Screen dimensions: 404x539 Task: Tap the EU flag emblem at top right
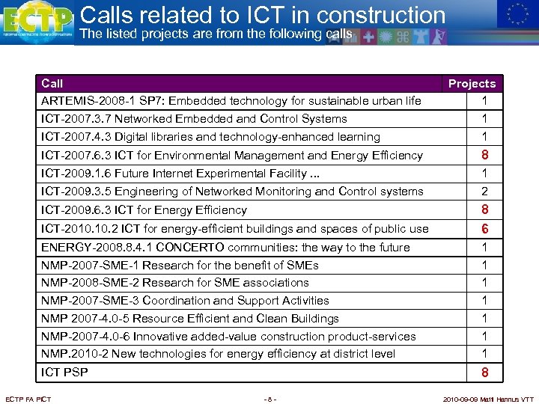click(x=517, y=14)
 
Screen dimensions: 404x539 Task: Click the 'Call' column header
click(x=52, y=84)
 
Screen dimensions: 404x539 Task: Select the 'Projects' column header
click(x=472, y=84)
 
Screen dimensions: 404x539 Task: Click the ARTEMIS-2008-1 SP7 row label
click(x=231, y=101)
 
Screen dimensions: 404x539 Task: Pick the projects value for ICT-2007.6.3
click(x=485, y=156)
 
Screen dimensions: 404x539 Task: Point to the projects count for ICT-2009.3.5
click(x=485, y=192)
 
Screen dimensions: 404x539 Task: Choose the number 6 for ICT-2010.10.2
click(x=485, y=229)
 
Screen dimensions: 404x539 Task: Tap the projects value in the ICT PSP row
click(x=485, y=373)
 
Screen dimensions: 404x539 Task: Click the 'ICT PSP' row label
click(x=64, y=373)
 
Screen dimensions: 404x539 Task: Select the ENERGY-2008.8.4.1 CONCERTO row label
click(x=225, y=248)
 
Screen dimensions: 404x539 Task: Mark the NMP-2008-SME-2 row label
click(x=174, y=283)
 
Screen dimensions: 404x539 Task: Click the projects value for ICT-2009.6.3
click(x=485, y=210)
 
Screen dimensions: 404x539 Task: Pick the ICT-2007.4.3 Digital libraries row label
click(x=210, y=137)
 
